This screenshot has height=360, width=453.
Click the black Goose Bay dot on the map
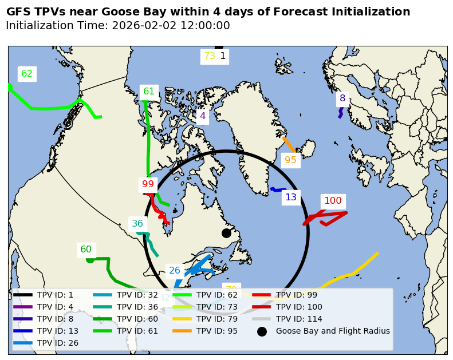tap(226, 233)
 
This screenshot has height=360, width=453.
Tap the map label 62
tap(27, 74)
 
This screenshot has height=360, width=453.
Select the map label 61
tap(149, 92)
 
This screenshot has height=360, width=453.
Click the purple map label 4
tap(202, 116)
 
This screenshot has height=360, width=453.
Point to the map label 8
tap(342, 98)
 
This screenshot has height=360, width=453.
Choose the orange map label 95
tap(290, 160)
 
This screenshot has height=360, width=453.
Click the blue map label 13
tap(291, 197)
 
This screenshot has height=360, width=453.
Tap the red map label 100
tap(333, 201)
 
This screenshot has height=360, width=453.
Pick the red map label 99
tap(148, 184)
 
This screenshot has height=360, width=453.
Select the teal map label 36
tap(137, 224)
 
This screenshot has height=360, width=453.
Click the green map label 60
tap(86, 250)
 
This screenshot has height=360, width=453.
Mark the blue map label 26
tap(175, 271)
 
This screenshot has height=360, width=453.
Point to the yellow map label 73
tap(210, 56)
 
